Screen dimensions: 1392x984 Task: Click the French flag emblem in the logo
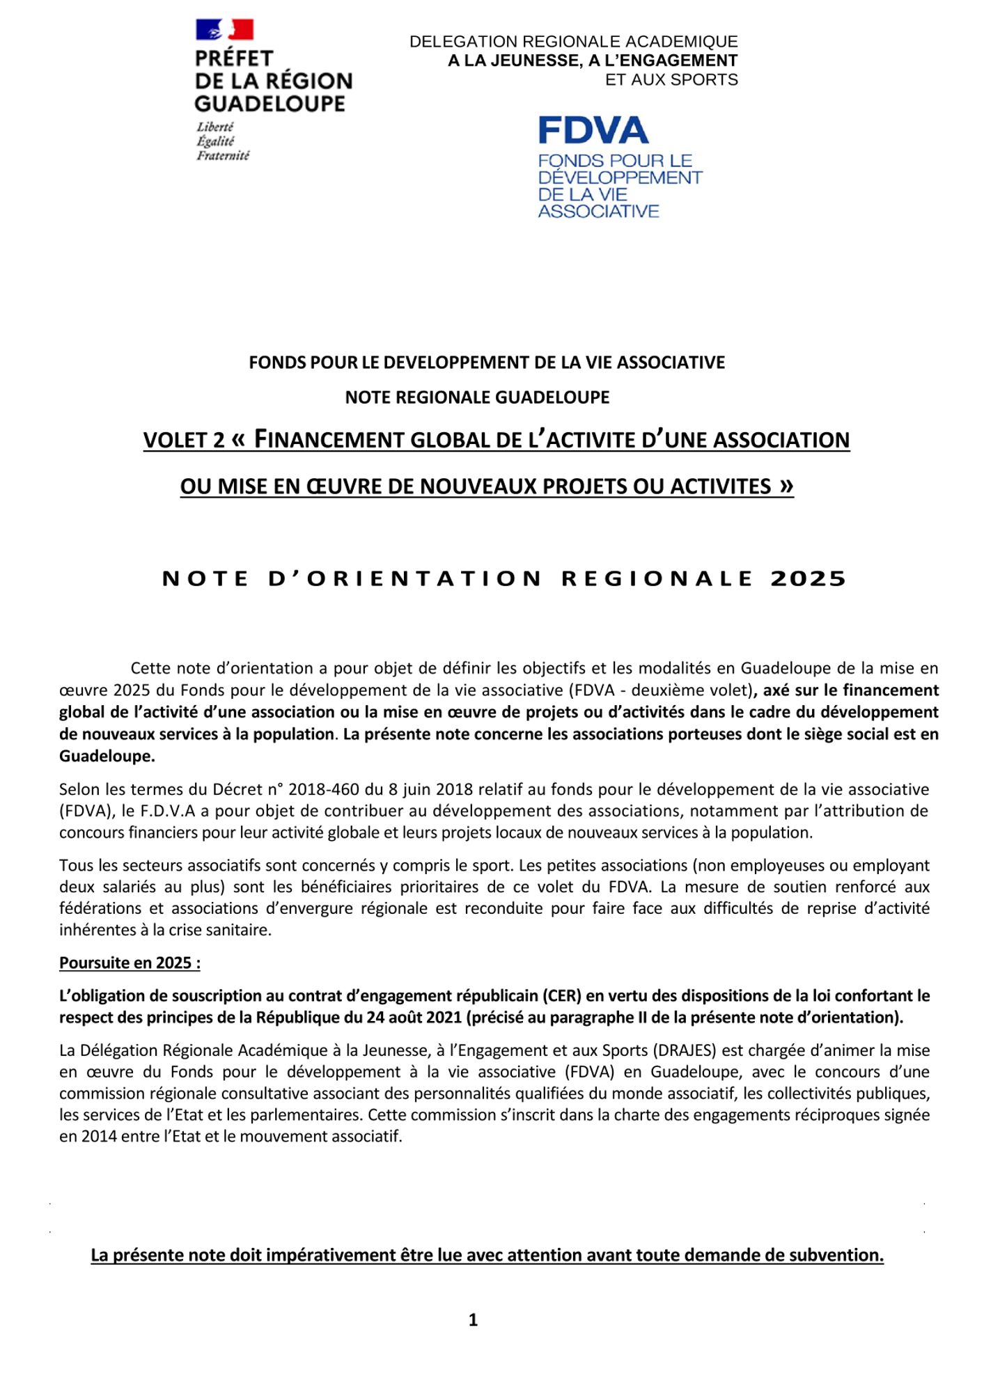pyautogui.click(x=224, y=30)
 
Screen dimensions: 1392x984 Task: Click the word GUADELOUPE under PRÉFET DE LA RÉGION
pyautogui.click(x=270, y=104)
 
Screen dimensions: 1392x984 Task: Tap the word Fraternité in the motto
pyautogui.click(x=223, y=156)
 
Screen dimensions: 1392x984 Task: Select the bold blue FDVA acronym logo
pyautogui.click(x=593, y=130)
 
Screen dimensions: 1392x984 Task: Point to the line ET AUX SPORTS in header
pyautogui.click(x=671, y=80)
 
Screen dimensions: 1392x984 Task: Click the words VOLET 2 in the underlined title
pyautogui.click(x=184, y=441)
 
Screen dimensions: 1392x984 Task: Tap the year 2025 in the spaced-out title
pyautogui.click(x=808, y=579)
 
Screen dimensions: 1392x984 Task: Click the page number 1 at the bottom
pyautogui.click(x=473, y=1320)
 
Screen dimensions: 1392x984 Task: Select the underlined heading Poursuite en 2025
pyautogui.click(x=130, y=963)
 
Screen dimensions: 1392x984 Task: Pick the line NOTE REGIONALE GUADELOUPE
pyautogui.click(x=477, y=397)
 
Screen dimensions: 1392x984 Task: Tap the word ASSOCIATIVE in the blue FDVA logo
pyautogui.click(x=598, y=212)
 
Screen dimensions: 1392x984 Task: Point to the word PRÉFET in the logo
pyautogui.click(x=234, y=58)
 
